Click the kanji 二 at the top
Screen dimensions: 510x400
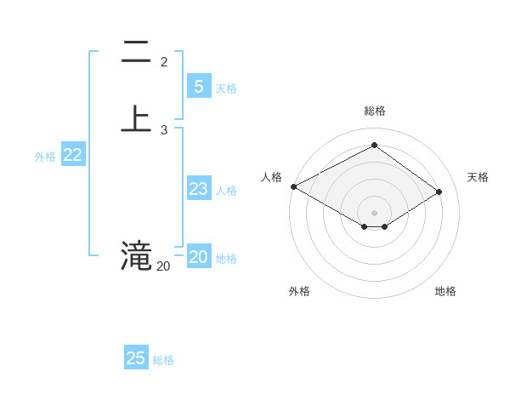pyautogui.click(x=136, y=53)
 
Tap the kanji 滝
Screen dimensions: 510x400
pyautogui.click(x=136, y=254)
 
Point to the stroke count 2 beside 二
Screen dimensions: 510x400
pyautogui.click(x=164, y=62)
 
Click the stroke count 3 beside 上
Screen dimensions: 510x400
pyautogui.click(x=164, y=129)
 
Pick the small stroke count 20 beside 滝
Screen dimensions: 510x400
pyautogui.click(x=163, y=266)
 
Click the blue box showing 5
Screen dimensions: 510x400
pyautogui.click(x=198, y=87)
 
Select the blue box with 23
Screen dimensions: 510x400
pyautogui.click(x=198, y=189)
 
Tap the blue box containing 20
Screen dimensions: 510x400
pyautogui.click(x=198, y=257)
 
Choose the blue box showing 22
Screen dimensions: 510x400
pyautogui.click(x=73, y=155)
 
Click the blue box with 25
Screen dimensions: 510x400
pyautogui.click(x=135, y=358)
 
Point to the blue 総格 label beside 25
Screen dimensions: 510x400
pyautogui.click(x=163, y=360)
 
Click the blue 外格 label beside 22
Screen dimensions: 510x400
pyautogui.click(x=45, y=157)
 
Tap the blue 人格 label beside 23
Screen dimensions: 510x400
pyautogui.click(x=226, y=191)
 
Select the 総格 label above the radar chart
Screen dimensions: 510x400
pyautogui.click(x=375, y=111)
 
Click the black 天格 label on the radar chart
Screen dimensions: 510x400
pyautogui.click(x=478, y=177)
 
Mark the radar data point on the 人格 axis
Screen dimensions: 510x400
pyautogui.click(x=293, y=186)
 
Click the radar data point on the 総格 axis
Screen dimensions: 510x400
pyautogui.click(x=374, y=146)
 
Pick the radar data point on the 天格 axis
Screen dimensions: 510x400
pyautogui.click(x=439, y=191)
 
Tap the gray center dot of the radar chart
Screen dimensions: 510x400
pyautogui.click(x=374, y=212)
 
